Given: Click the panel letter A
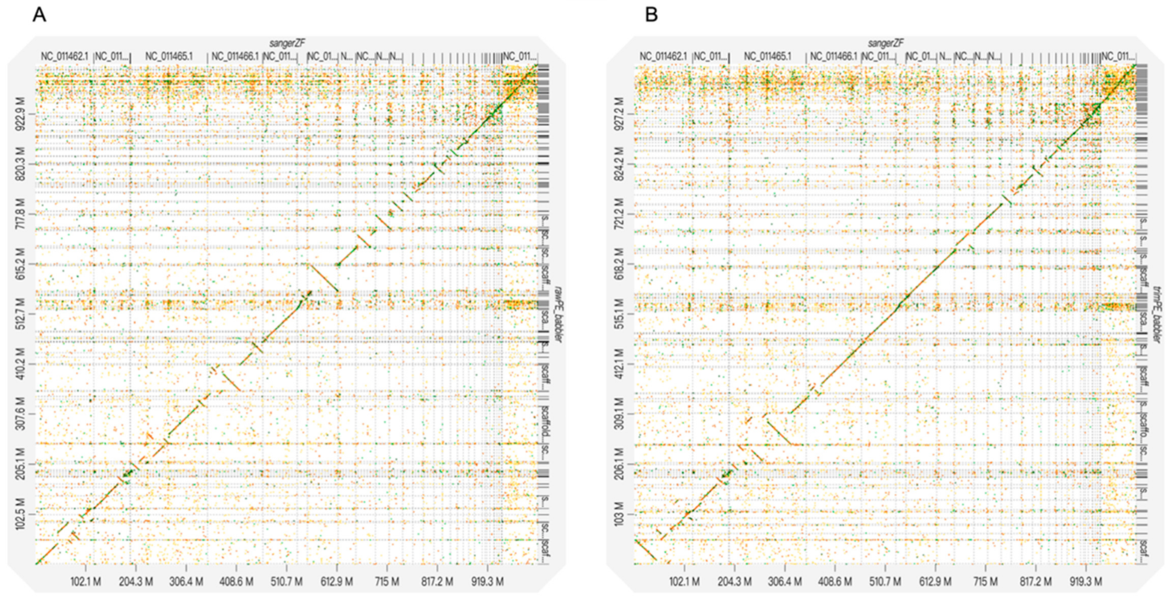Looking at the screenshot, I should (39, 15).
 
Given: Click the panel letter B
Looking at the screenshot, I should (651, 15).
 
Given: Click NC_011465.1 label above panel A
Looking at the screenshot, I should (169, 57).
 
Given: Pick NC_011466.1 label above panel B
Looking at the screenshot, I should (834, 57).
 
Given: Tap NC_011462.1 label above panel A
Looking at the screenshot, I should (64, 57).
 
